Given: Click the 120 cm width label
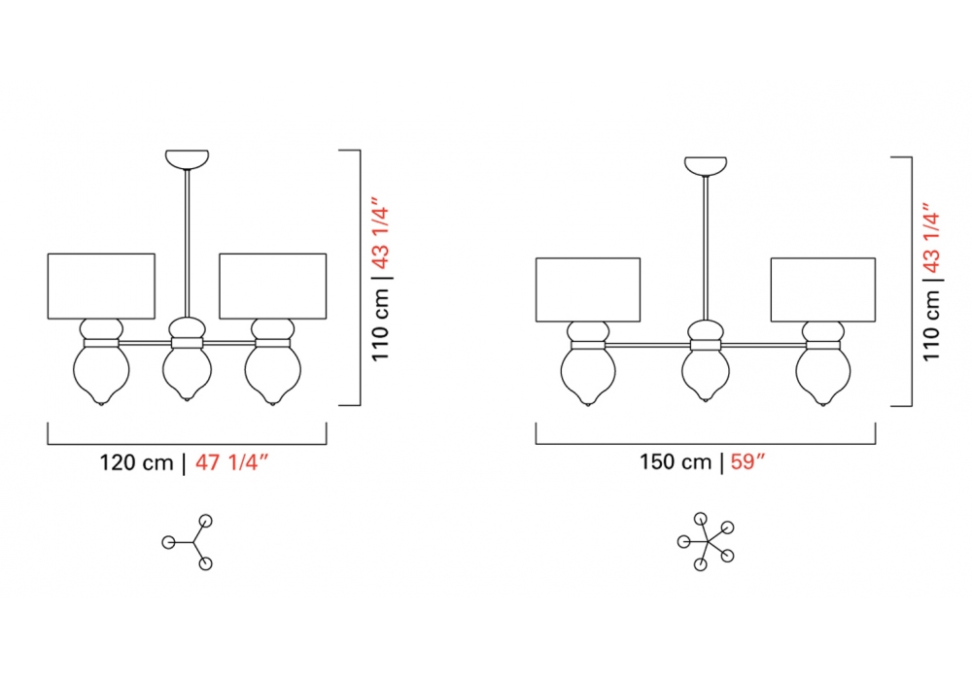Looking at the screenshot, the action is (136, 462).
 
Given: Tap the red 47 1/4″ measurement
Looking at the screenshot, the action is (232, 462).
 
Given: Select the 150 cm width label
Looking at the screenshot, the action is (676, 462).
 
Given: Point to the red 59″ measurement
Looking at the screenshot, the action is (747, 462).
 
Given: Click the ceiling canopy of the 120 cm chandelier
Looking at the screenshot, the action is (187, 158).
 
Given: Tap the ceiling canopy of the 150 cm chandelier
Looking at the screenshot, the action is (706, 165).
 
